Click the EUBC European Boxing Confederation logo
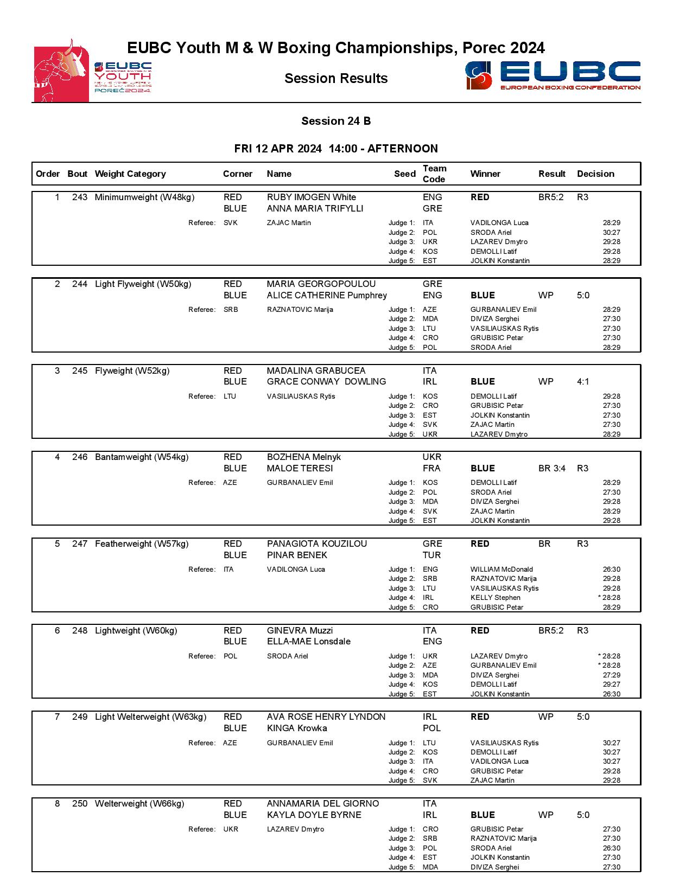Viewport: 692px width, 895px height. pos(553,75)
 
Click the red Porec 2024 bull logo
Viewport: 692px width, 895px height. pos(61,71)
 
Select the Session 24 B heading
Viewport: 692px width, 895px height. pos(336,121)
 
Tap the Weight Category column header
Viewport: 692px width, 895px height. pos(130,174)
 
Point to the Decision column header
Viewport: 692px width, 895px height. pos(595,174)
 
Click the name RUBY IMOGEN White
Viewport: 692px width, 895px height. pos(311,197)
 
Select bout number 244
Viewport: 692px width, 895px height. pos(79,284)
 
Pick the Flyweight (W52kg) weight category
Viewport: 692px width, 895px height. pos(132,371)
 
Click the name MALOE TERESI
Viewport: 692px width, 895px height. pos(300,469)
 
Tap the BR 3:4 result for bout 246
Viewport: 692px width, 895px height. pos(551,469)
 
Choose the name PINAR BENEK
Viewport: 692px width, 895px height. pos(297,555)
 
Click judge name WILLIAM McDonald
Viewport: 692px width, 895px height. pos(501,570)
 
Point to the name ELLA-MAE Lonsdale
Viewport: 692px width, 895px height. pos(308,642)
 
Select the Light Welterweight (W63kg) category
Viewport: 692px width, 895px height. pos(150,717)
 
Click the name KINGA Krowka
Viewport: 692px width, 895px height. pos(296,728)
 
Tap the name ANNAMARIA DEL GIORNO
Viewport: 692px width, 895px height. pos(322,804)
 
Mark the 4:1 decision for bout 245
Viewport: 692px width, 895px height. pos(583,382)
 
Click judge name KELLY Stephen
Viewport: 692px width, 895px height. pos(495,598)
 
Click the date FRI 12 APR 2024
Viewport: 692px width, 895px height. pos(277,149)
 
